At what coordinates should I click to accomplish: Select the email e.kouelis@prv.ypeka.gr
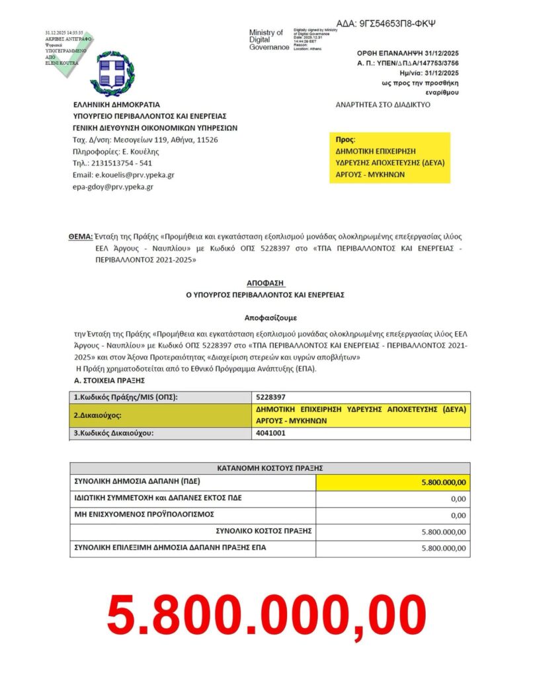coord(124,175)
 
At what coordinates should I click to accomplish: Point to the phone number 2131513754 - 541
coord(112,163)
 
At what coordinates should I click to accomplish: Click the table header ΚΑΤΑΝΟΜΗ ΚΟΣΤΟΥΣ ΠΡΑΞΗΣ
coord(270,467)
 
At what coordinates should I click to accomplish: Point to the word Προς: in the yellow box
coord(345,140)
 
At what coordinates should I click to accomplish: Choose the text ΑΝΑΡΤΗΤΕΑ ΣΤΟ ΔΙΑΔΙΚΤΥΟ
coord(383,104)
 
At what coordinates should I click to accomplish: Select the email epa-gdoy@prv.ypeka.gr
coord(113,187)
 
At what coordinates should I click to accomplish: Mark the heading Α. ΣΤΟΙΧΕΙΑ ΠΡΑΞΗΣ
coord(109,381)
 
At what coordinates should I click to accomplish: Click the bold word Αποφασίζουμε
coord(266,317)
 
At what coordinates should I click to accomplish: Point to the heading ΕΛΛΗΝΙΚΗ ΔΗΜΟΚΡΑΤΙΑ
coord(116,104)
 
